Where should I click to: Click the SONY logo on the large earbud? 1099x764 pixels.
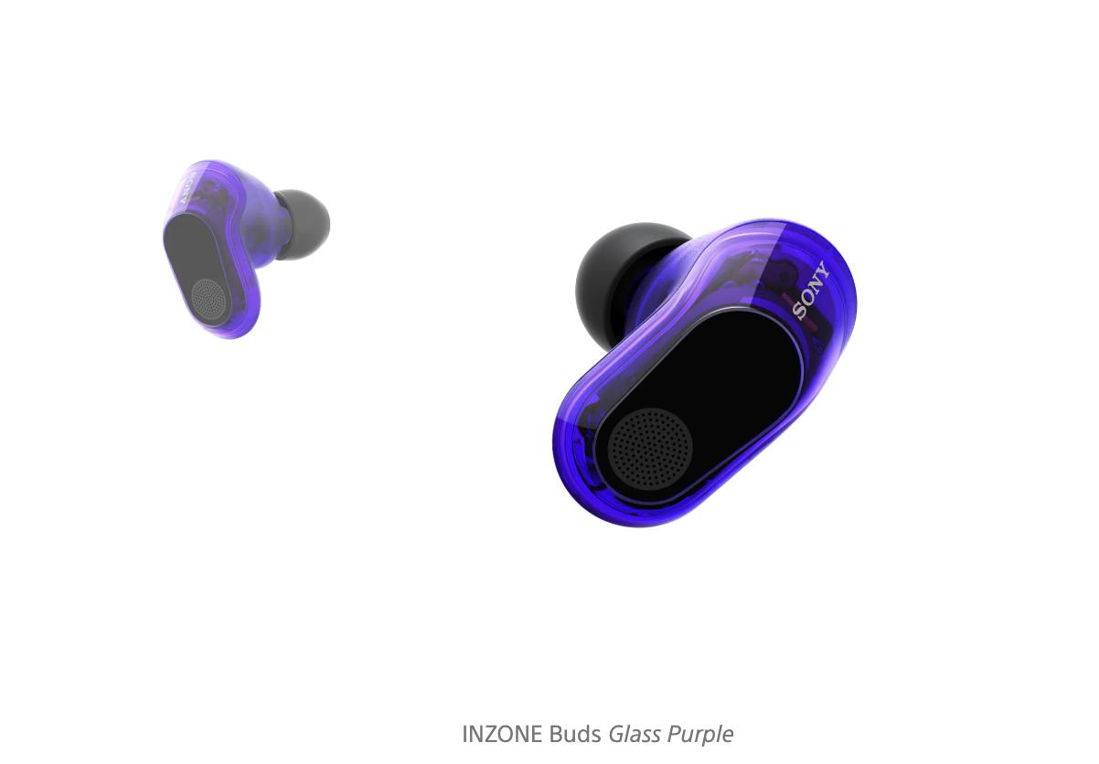tap(812, 292)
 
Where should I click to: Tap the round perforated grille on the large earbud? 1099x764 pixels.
tap(650, 447)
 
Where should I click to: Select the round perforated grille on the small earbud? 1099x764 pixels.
tap(209, 300)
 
